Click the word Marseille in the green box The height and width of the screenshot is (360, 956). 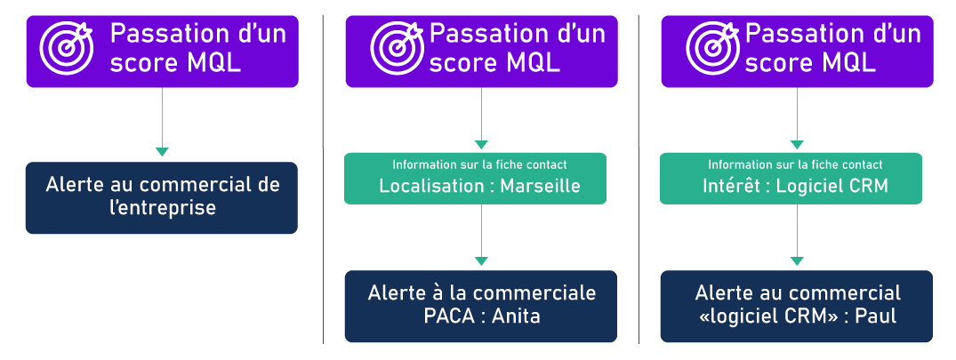point(540,186)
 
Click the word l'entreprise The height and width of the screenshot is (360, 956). point(161,208)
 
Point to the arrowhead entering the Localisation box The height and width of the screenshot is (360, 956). point(481,144)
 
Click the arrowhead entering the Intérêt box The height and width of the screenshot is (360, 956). point(797,144)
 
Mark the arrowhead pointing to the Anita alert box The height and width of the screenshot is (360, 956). point(481,261)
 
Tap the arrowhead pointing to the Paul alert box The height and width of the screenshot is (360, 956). point(797,261)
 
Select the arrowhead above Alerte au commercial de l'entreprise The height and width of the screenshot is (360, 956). point(162,152)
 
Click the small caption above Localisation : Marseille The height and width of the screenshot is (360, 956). point(479,164)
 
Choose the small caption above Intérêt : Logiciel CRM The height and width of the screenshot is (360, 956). point(795,164)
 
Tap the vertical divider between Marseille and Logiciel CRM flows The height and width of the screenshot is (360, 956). point(639,178)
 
